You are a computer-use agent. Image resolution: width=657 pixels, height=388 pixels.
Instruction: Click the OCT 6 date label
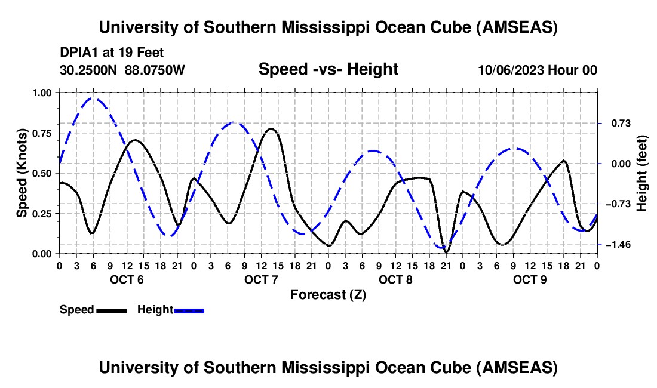click(x=127, y=280)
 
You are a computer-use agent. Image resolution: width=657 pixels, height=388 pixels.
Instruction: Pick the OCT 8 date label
click(x=395, y=280)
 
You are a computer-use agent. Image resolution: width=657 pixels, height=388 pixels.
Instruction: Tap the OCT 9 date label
click(x=530, y=280)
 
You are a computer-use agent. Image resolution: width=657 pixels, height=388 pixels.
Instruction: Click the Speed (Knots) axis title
click(x=22, y=173)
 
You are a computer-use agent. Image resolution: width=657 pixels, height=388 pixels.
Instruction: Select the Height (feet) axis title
click(x=642, y=173)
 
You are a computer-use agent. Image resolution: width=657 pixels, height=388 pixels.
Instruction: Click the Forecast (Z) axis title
click(x=328, y=294)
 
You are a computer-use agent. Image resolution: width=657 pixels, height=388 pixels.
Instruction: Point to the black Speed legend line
click(x=111, y=310)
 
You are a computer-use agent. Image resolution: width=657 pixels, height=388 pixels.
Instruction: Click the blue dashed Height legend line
click(x=189, y=310)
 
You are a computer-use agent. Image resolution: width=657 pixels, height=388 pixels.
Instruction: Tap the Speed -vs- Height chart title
click(x=328, y=69)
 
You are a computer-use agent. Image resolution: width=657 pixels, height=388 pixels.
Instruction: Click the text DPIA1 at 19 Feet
click(x=112, y=53)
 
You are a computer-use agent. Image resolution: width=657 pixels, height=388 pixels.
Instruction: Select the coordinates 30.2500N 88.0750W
click(x=122, y=70)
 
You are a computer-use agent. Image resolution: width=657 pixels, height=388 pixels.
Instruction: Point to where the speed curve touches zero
click(x=446, y=253)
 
